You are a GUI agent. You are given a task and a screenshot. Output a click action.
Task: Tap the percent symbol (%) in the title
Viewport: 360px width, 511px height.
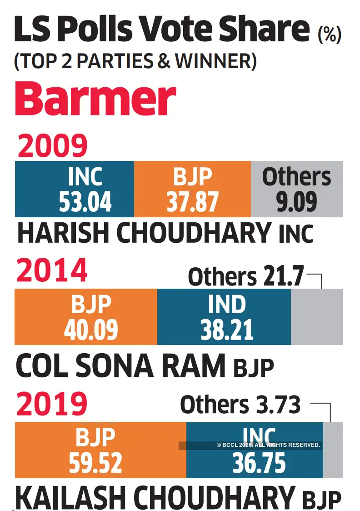point(330,35)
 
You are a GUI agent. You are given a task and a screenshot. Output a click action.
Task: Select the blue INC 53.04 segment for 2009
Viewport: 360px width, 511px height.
point(75,189)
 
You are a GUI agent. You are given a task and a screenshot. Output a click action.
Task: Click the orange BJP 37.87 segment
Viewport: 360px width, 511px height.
point(192,189)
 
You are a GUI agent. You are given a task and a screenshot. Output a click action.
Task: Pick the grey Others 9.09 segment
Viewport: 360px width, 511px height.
point(296,189)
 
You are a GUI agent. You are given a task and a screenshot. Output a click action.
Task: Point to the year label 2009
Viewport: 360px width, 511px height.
point(52,146)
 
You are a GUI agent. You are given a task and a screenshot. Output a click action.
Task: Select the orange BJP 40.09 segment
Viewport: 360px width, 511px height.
point(86,317)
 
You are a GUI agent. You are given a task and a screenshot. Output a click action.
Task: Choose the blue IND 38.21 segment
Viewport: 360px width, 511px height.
point(224,317)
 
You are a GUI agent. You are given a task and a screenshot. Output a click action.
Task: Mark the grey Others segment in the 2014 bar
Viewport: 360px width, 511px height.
point(316,317)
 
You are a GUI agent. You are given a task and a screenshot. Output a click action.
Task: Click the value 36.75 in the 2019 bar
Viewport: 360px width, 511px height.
point(259,463)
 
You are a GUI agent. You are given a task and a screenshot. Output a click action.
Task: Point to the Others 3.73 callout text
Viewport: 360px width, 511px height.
point(240,405)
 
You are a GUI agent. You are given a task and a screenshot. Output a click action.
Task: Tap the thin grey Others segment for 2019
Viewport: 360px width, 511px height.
point(333,450)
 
